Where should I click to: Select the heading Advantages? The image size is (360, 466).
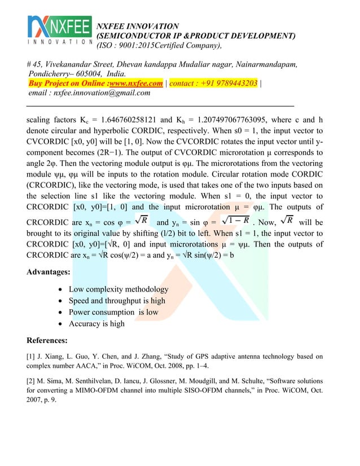(49, 272)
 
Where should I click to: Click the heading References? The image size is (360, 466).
(49, 340)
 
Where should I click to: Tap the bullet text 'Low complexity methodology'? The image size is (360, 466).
(118, 289)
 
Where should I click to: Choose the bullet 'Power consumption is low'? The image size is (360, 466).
(113, 312)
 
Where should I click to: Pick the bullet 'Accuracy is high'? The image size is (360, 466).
(96, 324)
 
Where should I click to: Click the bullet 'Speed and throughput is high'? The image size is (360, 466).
(117, 301)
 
